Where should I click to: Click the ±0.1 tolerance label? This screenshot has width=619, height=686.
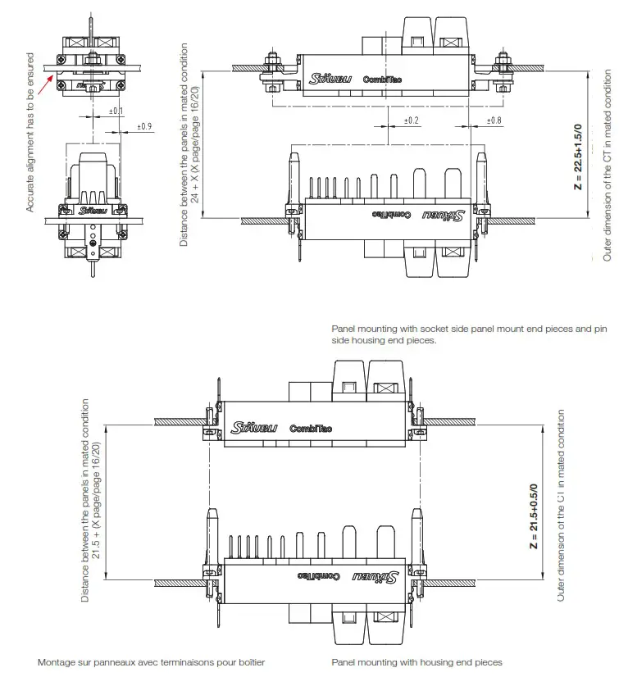116,111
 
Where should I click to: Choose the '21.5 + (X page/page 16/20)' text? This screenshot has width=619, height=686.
96,501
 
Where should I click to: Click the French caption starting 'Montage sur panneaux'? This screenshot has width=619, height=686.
151,662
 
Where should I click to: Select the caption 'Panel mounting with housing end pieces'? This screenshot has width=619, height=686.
416,662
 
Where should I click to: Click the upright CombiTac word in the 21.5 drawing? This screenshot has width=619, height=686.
311,428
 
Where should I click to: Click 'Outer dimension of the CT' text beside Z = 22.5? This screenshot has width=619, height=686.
608,165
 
